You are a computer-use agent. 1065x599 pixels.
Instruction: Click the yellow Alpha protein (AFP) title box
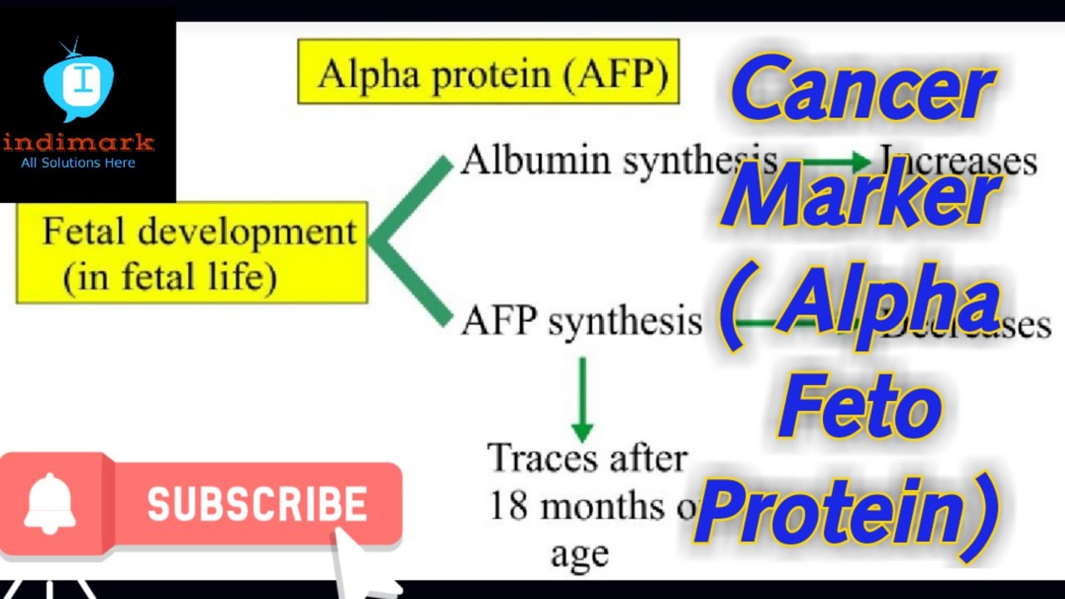488,72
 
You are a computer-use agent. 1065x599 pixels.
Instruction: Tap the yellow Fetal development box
192,252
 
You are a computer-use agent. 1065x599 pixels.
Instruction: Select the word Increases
965,161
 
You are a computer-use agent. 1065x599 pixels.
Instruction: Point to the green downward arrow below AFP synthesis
582,399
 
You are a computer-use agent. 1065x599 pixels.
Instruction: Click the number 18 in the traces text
508,506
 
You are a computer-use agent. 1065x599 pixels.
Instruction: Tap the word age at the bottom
579,553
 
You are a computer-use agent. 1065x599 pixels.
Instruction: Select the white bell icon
50,503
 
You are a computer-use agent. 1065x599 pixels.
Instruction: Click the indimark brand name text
78,141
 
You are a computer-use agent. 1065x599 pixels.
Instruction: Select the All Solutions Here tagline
78,163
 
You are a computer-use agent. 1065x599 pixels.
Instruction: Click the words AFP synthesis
582,320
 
